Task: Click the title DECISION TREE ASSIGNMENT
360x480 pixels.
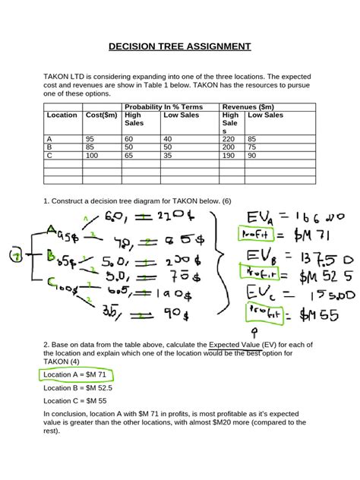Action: [179, 46]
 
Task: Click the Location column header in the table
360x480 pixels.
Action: [62, 115]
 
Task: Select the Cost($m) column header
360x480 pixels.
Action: [102, 115]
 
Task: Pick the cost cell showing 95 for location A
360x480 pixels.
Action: [90, 139]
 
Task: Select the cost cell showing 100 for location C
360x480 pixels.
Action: [93, 155]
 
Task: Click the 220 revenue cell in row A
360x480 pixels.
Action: [229, 139]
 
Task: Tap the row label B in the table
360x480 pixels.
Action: [49, 147]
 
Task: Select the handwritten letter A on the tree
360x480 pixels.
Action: [52, 229]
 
